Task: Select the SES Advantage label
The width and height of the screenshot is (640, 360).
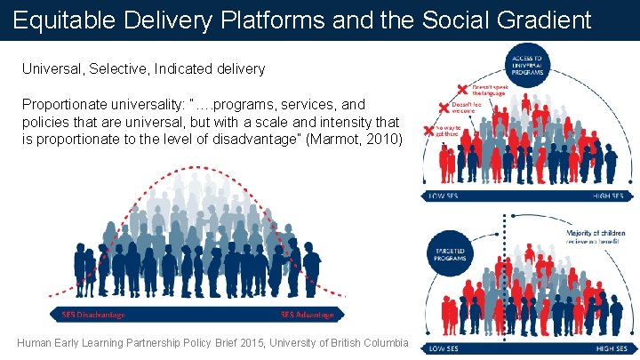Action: tap(307, 314)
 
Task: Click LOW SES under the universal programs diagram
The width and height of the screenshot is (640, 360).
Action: tap(445, 196)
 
